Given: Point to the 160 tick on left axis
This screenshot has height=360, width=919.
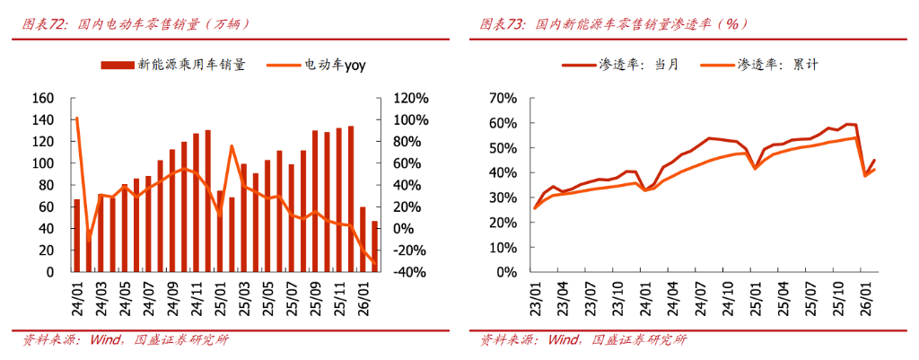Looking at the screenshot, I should click(x=43, y=98).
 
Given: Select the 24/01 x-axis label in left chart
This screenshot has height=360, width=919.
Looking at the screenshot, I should click(x=76, y=293).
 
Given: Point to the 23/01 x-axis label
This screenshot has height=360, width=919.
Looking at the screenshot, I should click(x=536, y=293).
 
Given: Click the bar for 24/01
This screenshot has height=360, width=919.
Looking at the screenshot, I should click(x=77, y=235).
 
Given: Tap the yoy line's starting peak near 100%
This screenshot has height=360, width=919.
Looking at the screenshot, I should click(x=77, y=119).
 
